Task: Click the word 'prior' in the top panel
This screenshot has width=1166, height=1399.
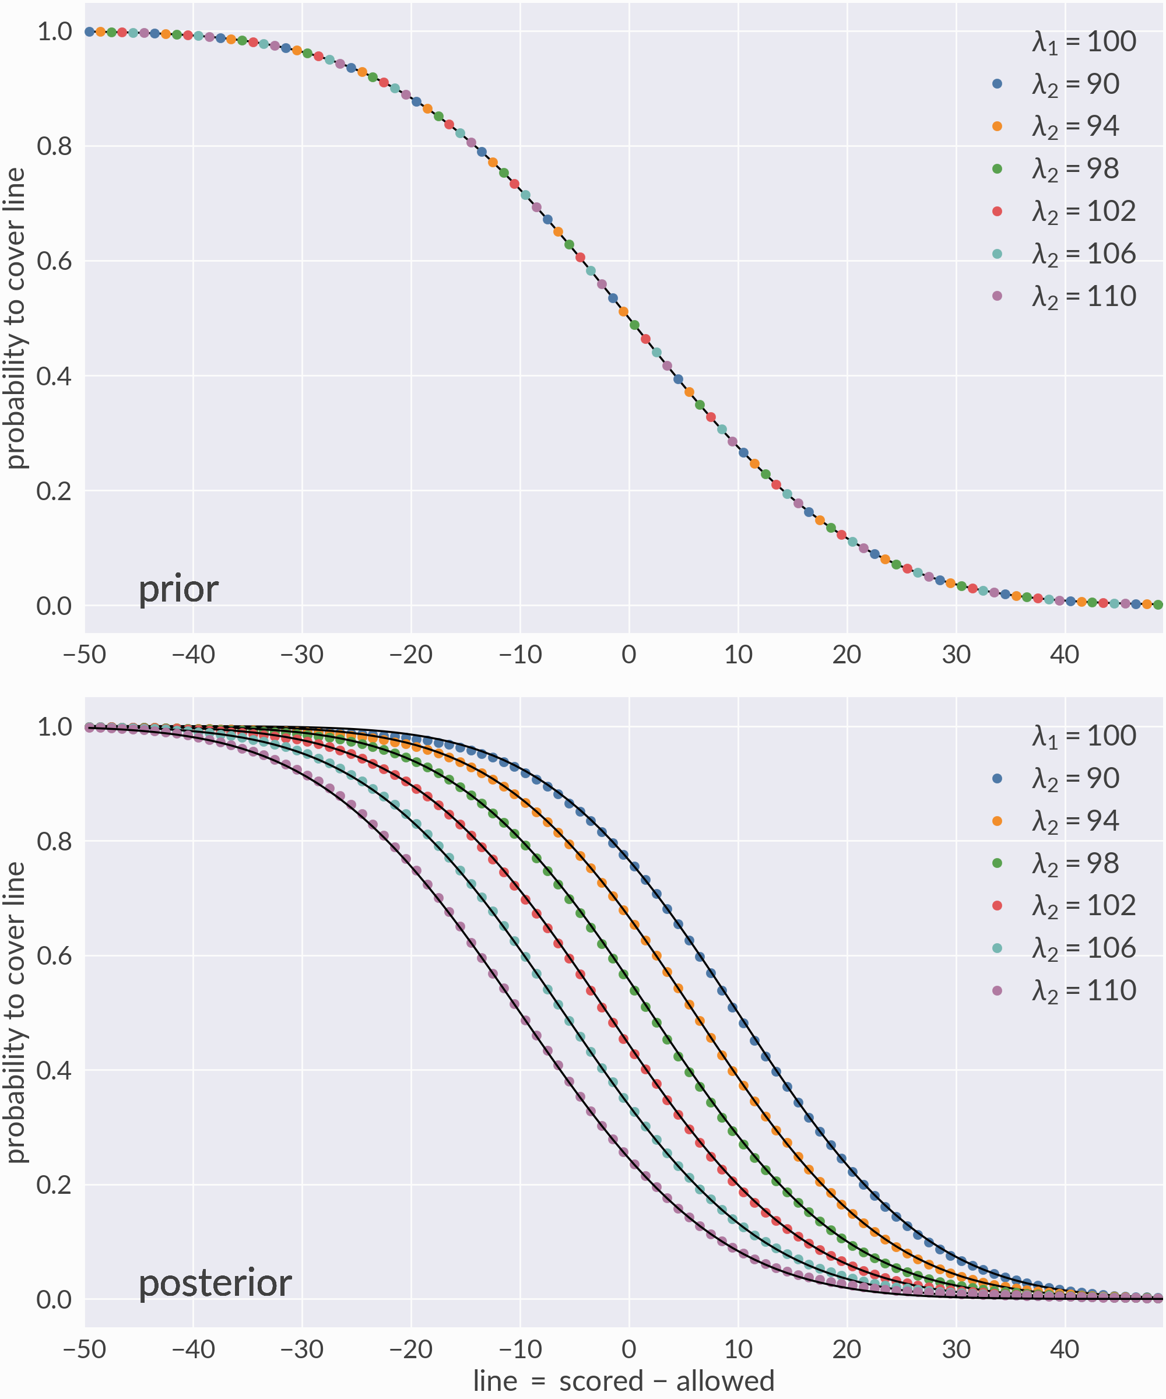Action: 178,589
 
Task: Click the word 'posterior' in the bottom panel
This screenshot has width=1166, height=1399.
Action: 215,1284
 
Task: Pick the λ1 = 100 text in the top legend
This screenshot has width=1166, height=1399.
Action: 1083,42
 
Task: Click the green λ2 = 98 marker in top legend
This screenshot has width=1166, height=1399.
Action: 997,168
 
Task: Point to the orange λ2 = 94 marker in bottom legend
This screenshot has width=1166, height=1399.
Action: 997,821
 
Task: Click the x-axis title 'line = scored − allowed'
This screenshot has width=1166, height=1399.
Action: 624,1380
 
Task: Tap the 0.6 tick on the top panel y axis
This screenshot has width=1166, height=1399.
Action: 54,261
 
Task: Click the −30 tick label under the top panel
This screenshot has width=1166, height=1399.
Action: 302,655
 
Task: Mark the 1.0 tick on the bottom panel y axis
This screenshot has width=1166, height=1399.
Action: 54,727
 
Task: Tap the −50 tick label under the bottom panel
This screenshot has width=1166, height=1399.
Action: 84,1349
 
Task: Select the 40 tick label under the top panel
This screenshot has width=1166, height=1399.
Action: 1064,655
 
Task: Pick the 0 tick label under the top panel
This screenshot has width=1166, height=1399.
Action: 628,655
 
